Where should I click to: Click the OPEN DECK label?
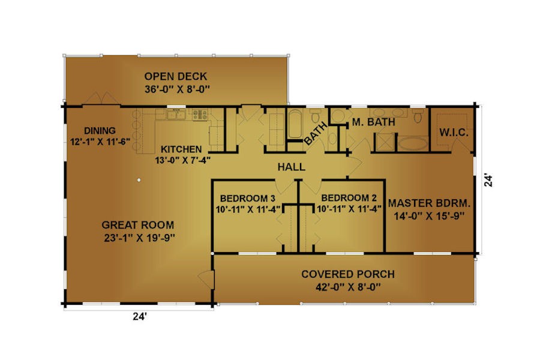click(176, 76)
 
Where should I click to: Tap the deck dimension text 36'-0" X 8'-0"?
click(177, 89)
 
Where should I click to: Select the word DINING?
click(100, 131)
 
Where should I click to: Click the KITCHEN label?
click(181, 149)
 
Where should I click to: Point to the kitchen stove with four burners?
click(200, 115)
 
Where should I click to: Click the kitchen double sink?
click(176, 115)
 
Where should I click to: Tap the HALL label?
click(292, 167)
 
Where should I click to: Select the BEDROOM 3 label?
click(247, 199)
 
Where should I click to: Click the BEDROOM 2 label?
click(349, 198)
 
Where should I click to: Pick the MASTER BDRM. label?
click(429, 203)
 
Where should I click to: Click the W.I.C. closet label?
click(454, 133)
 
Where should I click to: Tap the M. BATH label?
click(373, 122)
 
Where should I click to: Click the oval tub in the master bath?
click(413, 143)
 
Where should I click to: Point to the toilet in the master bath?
click(418, 116)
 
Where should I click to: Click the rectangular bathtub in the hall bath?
click(295, 124)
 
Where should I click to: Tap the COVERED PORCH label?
click(348, 274)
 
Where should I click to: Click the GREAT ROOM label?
click(138, 225)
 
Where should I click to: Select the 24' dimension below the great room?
click(140, 316)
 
